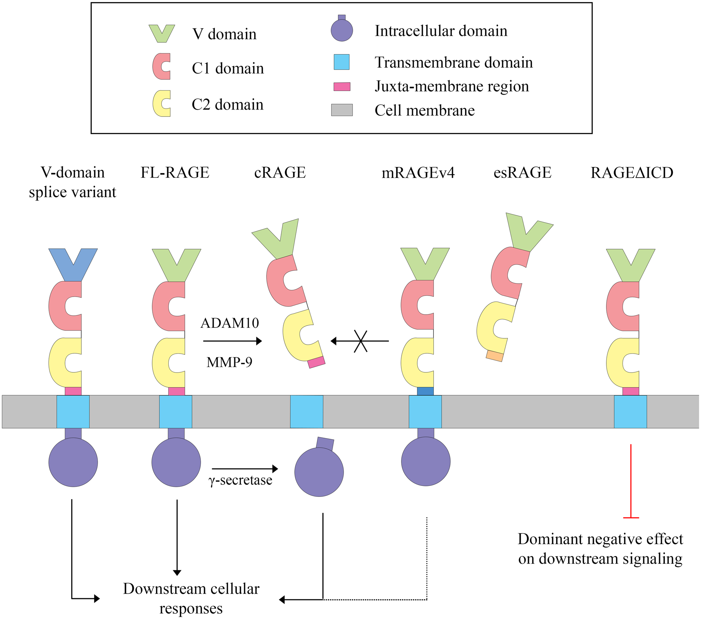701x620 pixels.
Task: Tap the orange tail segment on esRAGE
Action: pyautogui.click(x=494, y=356)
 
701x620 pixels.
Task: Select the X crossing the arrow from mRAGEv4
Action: pyautogui.click(x=360, y=341)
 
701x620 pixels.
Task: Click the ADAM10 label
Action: pyautogui.click(x=230, y=323)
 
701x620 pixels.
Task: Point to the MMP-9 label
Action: pyautogui.click(x=229, y=362)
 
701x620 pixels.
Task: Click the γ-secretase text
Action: pyautogui.click(x=240, y=480)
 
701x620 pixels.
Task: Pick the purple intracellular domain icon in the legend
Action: pyautogui.click(x=342, y=30)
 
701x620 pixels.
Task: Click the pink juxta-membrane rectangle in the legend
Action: pyautogui.click(x=342, y=87)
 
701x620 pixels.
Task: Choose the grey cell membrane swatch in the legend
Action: pyautogui.click(x=342, y=110)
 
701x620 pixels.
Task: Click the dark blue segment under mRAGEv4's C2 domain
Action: pyautogui.click(x=425, y=391)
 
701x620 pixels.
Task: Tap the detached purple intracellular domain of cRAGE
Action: pyautogui.click(x=319, y=471)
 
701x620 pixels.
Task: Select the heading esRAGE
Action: pyautogui.click(x=522, y=173)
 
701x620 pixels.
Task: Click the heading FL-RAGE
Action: pyautogui.click(x=175, y=173)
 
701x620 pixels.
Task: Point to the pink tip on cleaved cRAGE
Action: pyautogui.click(x=316, y=362)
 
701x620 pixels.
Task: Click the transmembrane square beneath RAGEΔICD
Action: pyautogui.click(x=630, y=411)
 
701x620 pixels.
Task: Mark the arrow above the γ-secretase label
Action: pyautogui.click(x=245, y=468)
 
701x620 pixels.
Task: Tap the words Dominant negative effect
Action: pyautogui.click(x=600, y=539)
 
